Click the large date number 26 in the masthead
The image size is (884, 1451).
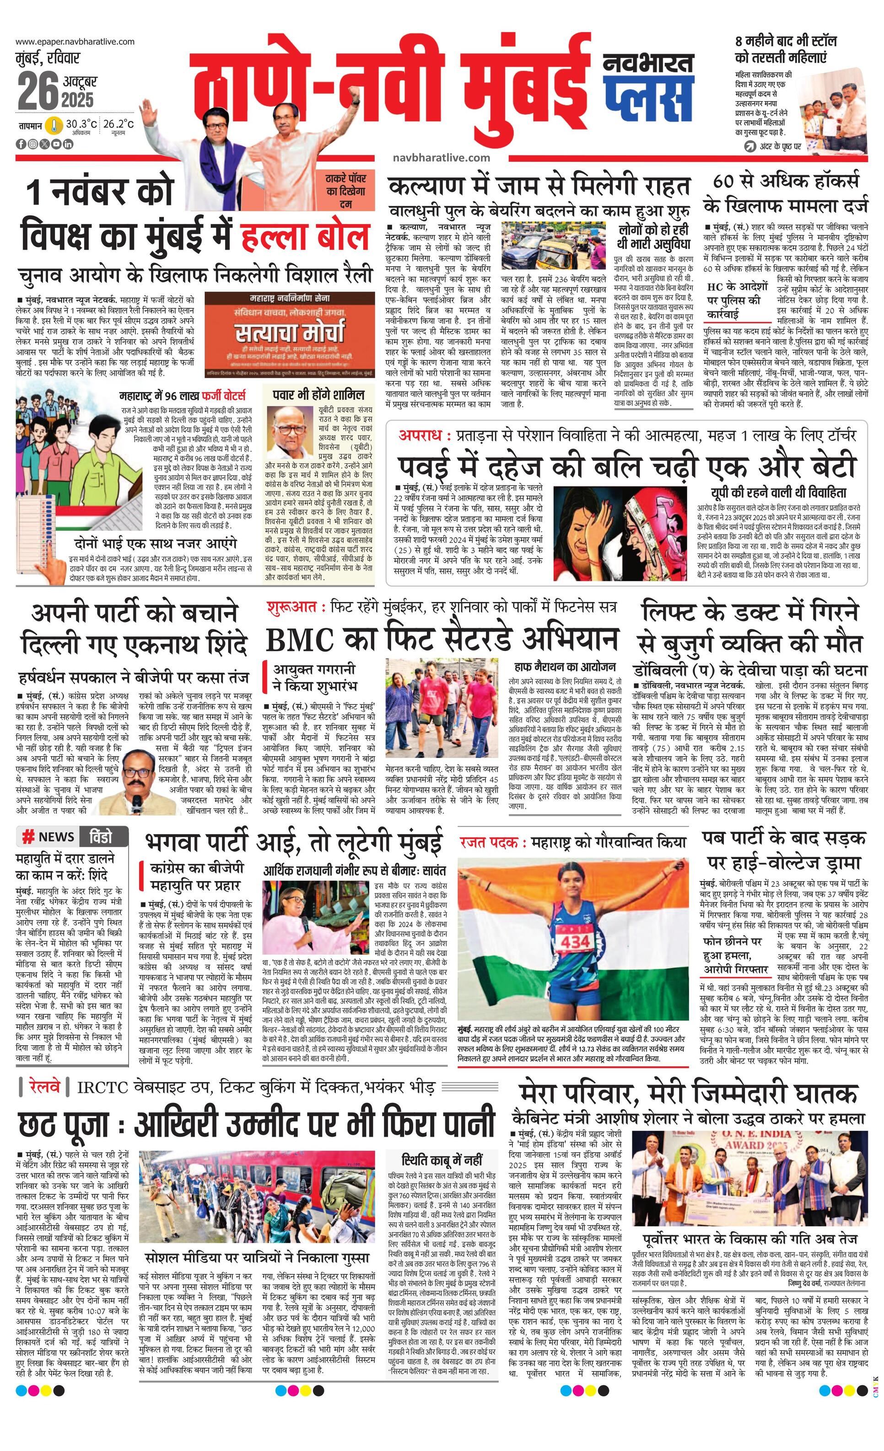(37, 92)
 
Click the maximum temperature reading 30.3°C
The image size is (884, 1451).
(81, 124)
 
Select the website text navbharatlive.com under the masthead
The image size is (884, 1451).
(441, 157)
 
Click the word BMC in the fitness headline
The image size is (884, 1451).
(300, 640)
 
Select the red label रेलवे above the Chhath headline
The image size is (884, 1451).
(44, 1086)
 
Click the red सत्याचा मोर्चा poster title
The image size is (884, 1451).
(289, 334)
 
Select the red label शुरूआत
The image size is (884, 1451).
(291, 606)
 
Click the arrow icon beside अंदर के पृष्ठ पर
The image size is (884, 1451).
(749, 146)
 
